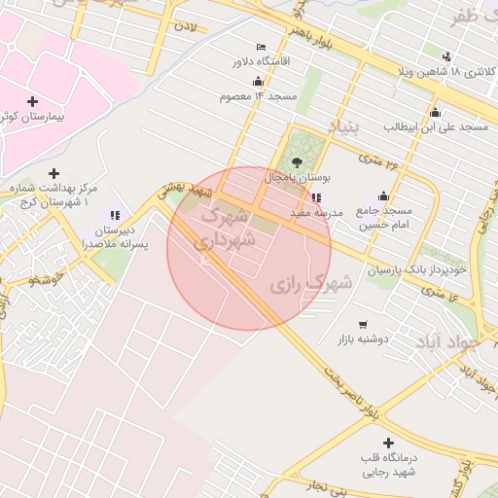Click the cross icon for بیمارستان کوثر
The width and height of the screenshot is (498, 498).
(x=33, y=101)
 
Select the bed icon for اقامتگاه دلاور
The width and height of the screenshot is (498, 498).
(x=260, y=47)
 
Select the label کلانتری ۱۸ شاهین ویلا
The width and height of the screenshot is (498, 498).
(x=446, y=73)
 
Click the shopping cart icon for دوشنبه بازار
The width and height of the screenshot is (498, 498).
(x=363, y=324)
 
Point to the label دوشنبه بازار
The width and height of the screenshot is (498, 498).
(x=363, y=339)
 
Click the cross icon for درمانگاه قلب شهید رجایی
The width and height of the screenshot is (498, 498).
(x=388, y=443)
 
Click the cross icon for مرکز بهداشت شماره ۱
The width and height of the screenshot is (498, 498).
(x=53, y=173)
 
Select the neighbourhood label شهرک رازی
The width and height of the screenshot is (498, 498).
(x=310, y=285)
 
